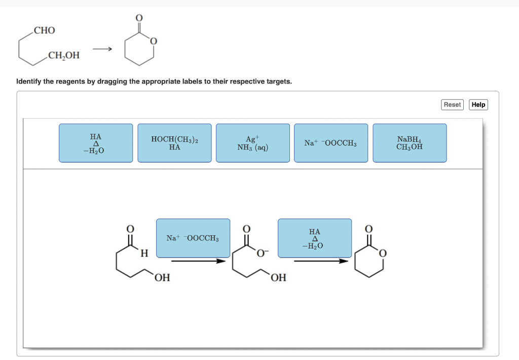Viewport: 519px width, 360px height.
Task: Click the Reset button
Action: tap(452, 104)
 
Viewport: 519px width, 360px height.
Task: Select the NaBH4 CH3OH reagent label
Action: tap(410, 143)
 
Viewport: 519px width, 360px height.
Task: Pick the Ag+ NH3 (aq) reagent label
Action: tap(252, 143)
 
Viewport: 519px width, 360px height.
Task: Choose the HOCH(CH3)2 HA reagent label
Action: tap(174, 143)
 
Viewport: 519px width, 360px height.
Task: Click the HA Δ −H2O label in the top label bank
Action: tap(95, 143)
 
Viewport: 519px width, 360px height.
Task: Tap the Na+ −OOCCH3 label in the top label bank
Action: tap(330, 143)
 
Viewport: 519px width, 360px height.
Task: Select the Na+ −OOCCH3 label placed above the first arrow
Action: tap(193, 238)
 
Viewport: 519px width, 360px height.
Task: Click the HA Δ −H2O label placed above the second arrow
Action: tap(314, 238)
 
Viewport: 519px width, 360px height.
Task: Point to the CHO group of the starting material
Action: tap(45, 30)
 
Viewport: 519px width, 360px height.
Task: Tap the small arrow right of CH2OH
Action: tap(102, 49)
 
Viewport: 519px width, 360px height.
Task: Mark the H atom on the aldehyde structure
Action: tap(144, 253)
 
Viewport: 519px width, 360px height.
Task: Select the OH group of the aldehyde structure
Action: tap(162, 277)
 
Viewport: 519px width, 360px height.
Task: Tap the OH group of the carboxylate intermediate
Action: tap(278, 277)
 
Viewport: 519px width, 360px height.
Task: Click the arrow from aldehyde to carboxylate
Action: tap(198, 261)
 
